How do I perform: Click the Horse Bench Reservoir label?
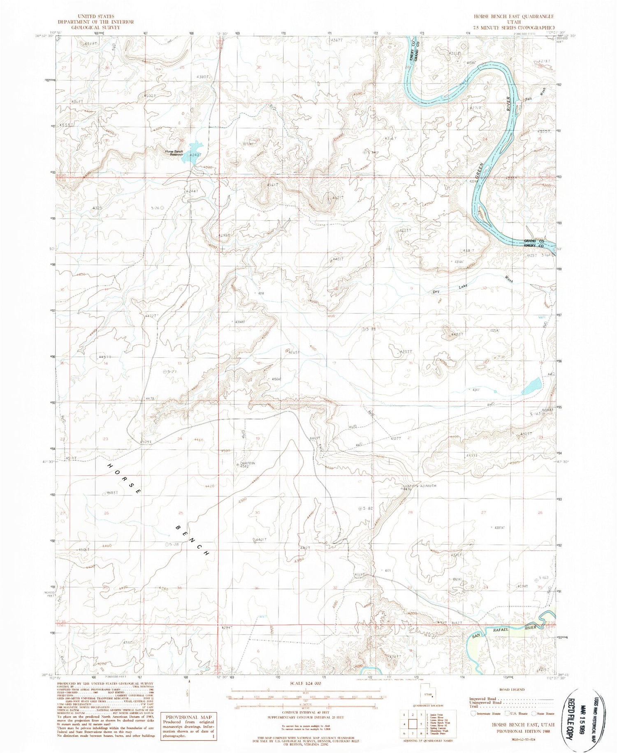click(x=174, y=153)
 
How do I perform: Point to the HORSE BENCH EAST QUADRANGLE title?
click(x=513, y=16)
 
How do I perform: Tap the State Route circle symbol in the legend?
click(x=534, y=714)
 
